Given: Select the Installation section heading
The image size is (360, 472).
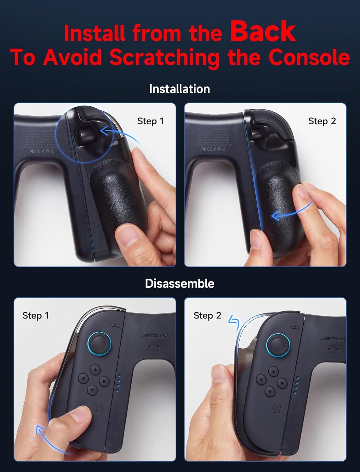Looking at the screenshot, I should click(180, 89).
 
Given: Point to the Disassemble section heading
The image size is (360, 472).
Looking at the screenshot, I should click(180, 283).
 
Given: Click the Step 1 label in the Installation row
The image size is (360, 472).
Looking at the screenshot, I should click(151, 121).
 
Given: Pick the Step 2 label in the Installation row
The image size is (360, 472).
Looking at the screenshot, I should click(322, 121).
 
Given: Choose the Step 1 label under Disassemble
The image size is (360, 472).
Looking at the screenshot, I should click(36, 315).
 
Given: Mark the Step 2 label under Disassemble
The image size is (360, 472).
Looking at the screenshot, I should click(207, 315).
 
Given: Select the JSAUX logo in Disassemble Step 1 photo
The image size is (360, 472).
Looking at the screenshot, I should click(154, 336).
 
